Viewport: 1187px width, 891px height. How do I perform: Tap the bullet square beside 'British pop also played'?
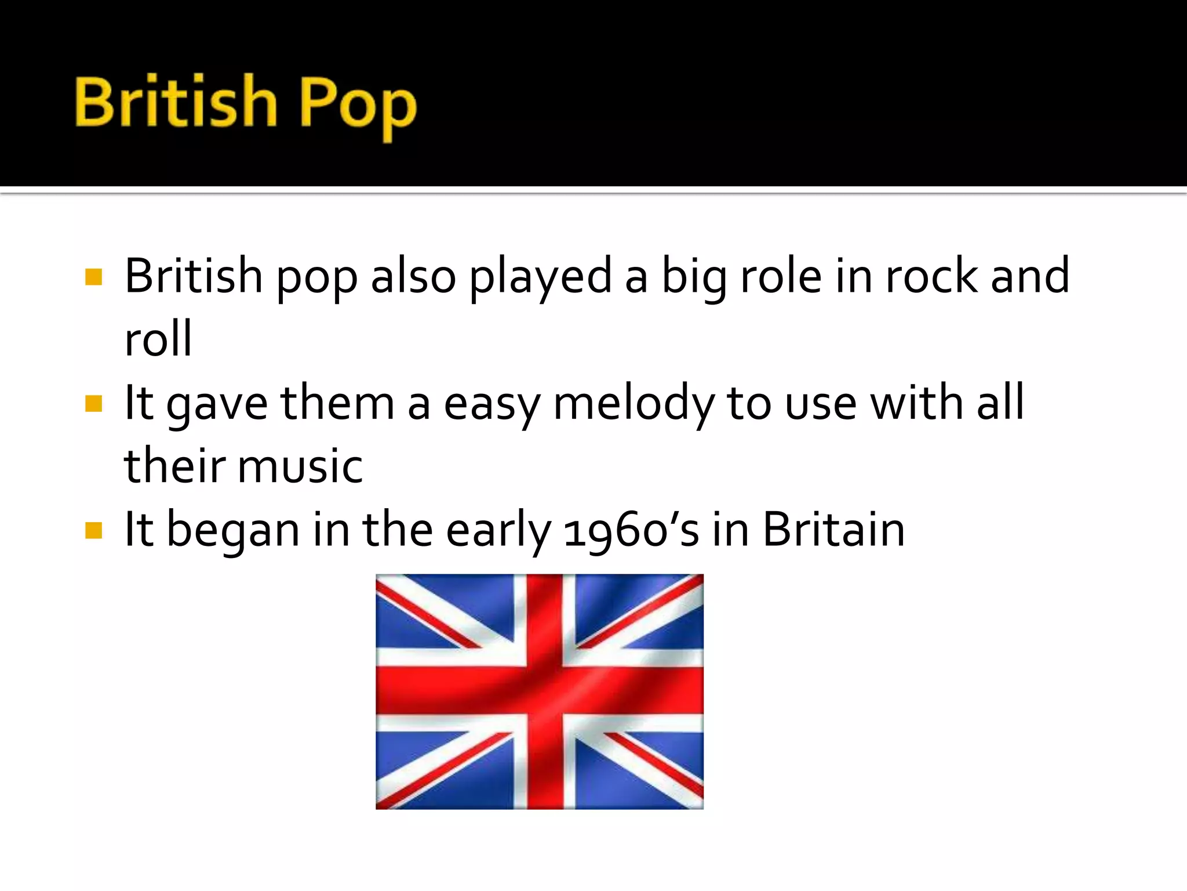93,277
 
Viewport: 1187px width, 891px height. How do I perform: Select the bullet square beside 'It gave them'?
93,404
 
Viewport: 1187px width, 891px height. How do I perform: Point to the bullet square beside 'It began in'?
93,530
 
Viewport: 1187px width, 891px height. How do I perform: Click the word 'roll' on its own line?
158,339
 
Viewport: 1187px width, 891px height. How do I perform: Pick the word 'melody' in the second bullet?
634,404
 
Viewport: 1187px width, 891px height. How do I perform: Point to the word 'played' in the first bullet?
540,277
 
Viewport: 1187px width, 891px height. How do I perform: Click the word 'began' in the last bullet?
233,530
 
